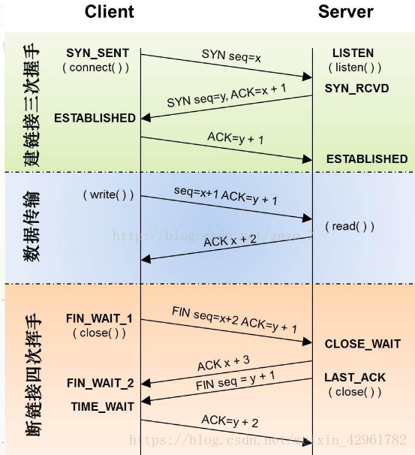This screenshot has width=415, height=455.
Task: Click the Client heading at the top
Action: (x=109, y=11)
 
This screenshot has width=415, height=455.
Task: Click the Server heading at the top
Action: (x=345, y=11)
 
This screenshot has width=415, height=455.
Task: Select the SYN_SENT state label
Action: (x=97, y=53)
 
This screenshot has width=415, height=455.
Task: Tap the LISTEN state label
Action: (x=353, y=53)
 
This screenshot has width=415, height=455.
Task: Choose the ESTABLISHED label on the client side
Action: (x=95, y=118)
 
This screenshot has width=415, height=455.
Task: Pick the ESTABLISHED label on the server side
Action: (x=366, y=159)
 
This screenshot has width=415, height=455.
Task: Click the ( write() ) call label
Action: (x=108, y=195)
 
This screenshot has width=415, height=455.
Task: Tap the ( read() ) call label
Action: (x=349, y=226)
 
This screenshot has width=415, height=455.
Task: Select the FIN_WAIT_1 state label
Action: (x=98, y=318)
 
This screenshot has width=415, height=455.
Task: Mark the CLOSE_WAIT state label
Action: (x=362, y=344)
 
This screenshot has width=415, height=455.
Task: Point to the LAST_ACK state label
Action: (x=354, y=378)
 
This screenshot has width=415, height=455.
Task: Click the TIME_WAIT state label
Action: (x=103, y=406)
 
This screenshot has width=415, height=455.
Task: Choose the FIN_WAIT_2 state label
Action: (x=100, y=383)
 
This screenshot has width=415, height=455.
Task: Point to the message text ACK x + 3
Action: (x=223, y=363)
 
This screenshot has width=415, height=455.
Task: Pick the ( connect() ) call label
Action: (x=95, y=68)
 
